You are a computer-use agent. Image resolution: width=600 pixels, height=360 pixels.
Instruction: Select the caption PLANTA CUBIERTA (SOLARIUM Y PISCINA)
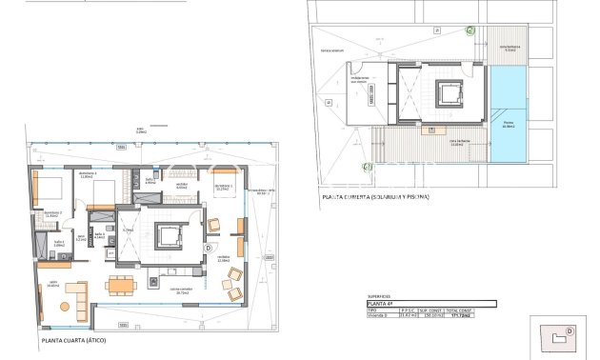coord(376,196)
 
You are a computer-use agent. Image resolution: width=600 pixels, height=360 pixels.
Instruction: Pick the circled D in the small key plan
coord(570,330)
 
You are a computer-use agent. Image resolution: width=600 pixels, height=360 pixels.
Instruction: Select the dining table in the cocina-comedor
coord(120,285)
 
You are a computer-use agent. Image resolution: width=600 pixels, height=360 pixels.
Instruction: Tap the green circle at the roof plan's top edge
coord(470,30)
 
